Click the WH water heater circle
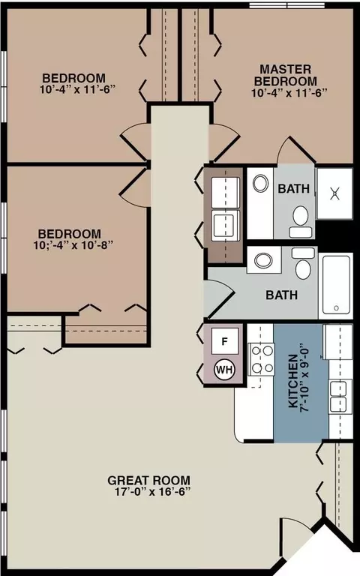click(x=224, y=369)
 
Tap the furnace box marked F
click(x=225, y=341)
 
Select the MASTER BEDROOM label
click(x=286, y=75)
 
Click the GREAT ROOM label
click(x=148, y=480)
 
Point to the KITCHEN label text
click(x=292, y=380)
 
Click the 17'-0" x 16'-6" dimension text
click(x=153, y=492)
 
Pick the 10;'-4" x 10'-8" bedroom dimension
click(x=73, y=245)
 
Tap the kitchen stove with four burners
click(x=262, y=359)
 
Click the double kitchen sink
click(x=338, y=397)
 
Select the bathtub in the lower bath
click(x=336, y=284)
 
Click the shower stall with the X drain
click(x=334, y=193)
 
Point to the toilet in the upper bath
click(x=301, y=221)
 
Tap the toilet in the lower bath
click(x=304, y=263)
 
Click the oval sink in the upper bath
click(x=260, y=183)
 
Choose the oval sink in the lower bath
click(x=263, y=261)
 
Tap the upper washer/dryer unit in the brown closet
click(x=226, y=193)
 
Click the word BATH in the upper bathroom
click(x=293, y=188)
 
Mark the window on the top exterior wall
click(x=287, y=5)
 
